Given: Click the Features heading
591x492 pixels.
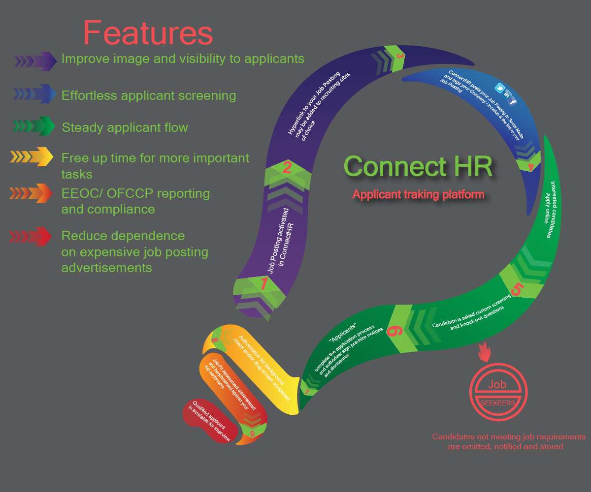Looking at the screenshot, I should [x=148, y=33].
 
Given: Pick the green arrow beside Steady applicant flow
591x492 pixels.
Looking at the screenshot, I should [x=34, y=126].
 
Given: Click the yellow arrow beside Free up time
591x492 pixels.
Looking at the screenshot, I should [x=32, y=157].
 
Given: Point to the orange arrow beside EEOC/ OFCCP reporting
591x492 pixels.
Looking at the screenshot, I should [x=31, y=193].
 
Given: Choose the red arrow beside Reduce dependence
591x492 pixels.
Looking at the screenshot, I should [x=31, y=237].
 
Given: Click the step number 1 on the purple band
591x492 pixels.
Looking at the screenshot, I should [x=264, y=284].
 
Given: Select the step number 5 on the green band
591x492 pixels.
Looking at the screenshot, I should [x=516, y=289].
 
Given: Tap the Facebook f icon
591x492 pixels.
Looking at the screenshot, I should [x=513, y=101].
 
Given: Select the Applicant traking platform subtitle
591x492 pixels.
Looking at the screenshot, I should [x=418, y=194].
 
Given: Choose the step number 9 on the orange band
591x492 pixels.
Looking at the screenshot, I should [x=252, y=434].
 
